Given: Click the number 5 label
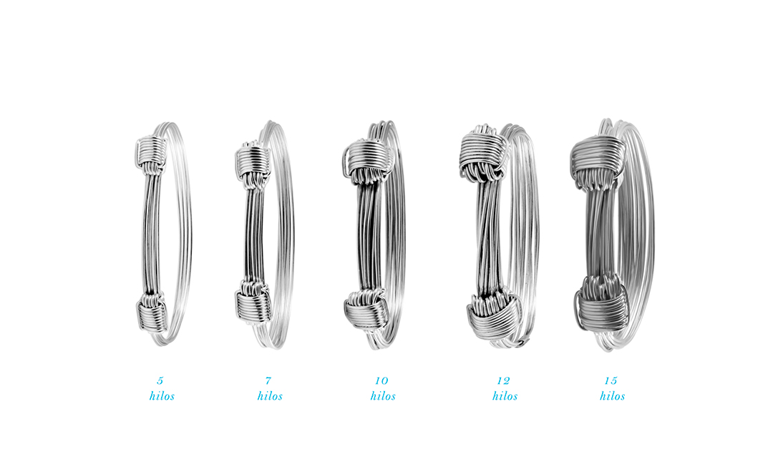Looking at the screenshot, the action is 160,381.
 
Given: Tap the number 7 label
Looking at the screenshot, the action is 268,381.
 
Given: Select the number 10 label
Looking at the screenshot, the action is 381,381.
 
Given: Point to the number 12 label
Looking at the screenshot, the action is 503,381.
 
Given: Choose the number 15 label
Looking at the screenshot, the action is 611,381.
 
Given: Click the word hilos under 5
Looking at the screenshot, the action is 162,396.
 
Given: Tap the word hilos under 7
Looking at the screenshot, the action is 270,396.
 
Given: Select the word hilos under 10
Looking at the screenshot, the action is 383,396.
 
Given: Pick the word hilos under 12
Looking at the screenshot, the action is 505,396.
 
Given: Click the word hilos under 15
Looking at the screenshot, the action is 613,396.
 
